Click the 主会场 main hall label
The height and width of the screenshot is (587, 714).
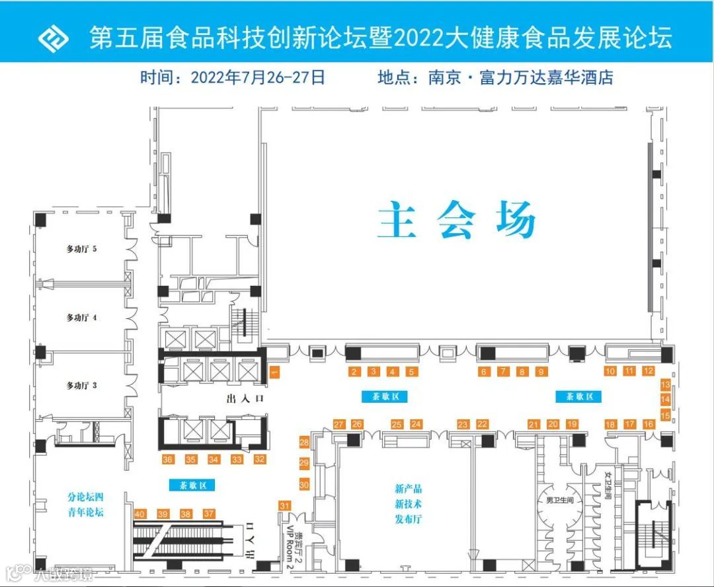tap(456, 221)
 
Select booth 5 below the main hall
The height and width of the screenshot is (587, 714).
tap(412, 372)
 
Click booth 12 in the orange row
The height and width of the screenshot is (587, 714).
tap(649, 371)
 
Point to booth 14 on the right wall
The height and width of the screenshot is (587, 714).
tap(666, 399)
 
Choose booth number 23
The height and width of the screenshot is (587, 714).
tap(463, 425)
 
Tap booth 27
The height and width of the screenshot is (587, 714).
tap(339, 425)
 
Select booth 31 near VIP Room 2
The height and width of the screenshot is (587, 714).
tap(285, 506)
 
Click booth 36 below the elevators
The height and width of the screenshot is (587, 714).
tap(168, 459)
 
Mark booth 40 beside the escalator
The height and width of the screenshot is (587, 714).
tap(139, 514)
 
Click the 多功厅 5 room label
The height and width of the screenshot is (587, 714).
tap(81, 250)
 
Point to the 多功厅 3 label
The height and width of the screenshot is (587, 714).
tap(81, 385)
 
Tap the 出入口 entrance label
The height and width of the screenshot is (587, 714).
tap(245, 399)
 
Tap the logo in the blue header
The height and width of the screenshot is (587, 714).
tap(53, 38)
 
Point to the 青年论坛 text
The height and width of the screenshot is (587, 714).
tap(85, 512)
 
